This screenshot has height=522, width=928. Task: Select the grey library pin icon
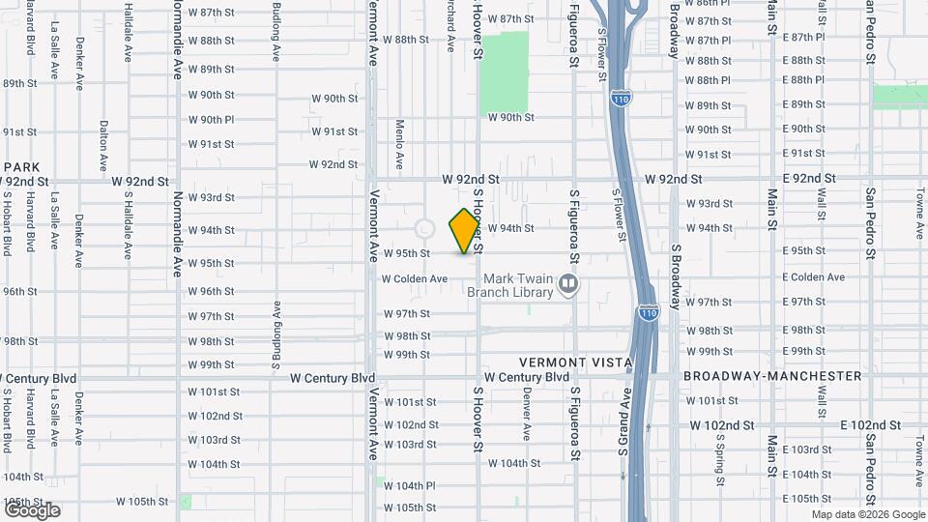tap(569, 283)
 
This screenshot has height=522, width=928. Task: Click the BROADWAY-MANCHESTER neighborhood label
tap(772, 375)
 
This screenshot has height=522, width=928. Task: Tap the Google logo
tap(32, 510)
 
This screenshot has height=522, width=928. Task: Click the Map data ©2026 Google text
tap(868, 514)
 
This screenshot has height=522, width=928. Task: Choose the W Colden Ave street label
tap(415, 278)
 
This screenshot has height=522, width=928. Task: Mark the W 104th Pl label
tap(410, 485)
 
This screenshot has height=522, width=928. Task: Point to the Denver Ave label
tap(527, 408)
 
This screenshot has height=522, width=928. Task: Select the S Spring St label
tap(720, 453)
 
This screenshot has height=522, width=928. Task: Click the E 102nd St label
tap(870, 424)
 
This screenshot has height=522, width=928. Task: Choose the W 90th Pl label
tap(211, 120)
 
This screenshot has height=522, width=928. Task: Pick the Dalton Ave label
tap(103, 141)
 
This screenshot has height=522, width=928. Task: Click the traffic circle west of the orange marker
tap(423, 229)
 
